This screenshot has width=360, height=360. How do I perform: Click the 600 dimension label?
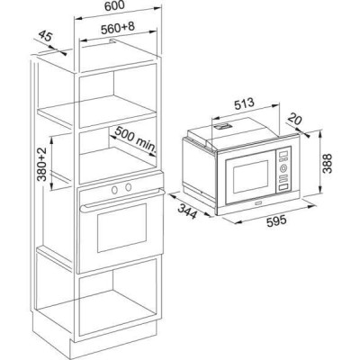pyautogui.click(x=114, y=6)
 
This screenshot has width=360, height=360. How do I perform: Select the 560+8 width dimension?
pyautogui.click(x=118, y=28)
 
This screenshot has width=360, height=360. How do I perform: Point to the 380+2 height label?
pyautogui.click(x=42, y=165)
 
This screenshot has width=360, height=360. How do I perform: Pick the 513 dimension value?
pyautogui.click(x=244, y=103)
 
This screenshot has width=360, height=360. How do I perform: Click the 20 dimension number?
pyautogui.click(x=294, y=120)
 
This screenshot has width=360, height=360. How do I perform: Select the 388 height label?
pyautogui.click(x=328, y=164)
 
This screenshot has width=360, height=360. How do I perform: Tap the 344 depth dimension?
pyautogui.click(x=187, y=211)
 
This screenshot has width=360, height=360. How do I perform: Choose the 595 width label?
pyautogui.click(x=276, y=220)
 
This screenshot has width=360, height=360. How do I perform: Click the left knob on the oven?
pyautogui.click(x=114, y=189)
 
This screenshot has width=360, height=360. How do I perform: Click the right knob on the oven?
pyautogui.click(x=129, y=187)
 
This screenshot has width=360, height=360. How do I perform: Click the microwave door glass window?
pyautogui.click(x=251, y=176)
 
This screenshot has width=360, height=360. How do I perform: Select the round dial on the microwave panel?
pyautogui.click(x=283, y=168)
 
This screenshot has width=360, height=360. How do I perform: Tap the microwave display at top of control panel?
pyautogui.click(x=283, y=154)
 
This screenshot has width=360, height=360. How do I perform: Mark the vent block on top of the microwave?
pyautogui.click(x=222, y=126)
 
